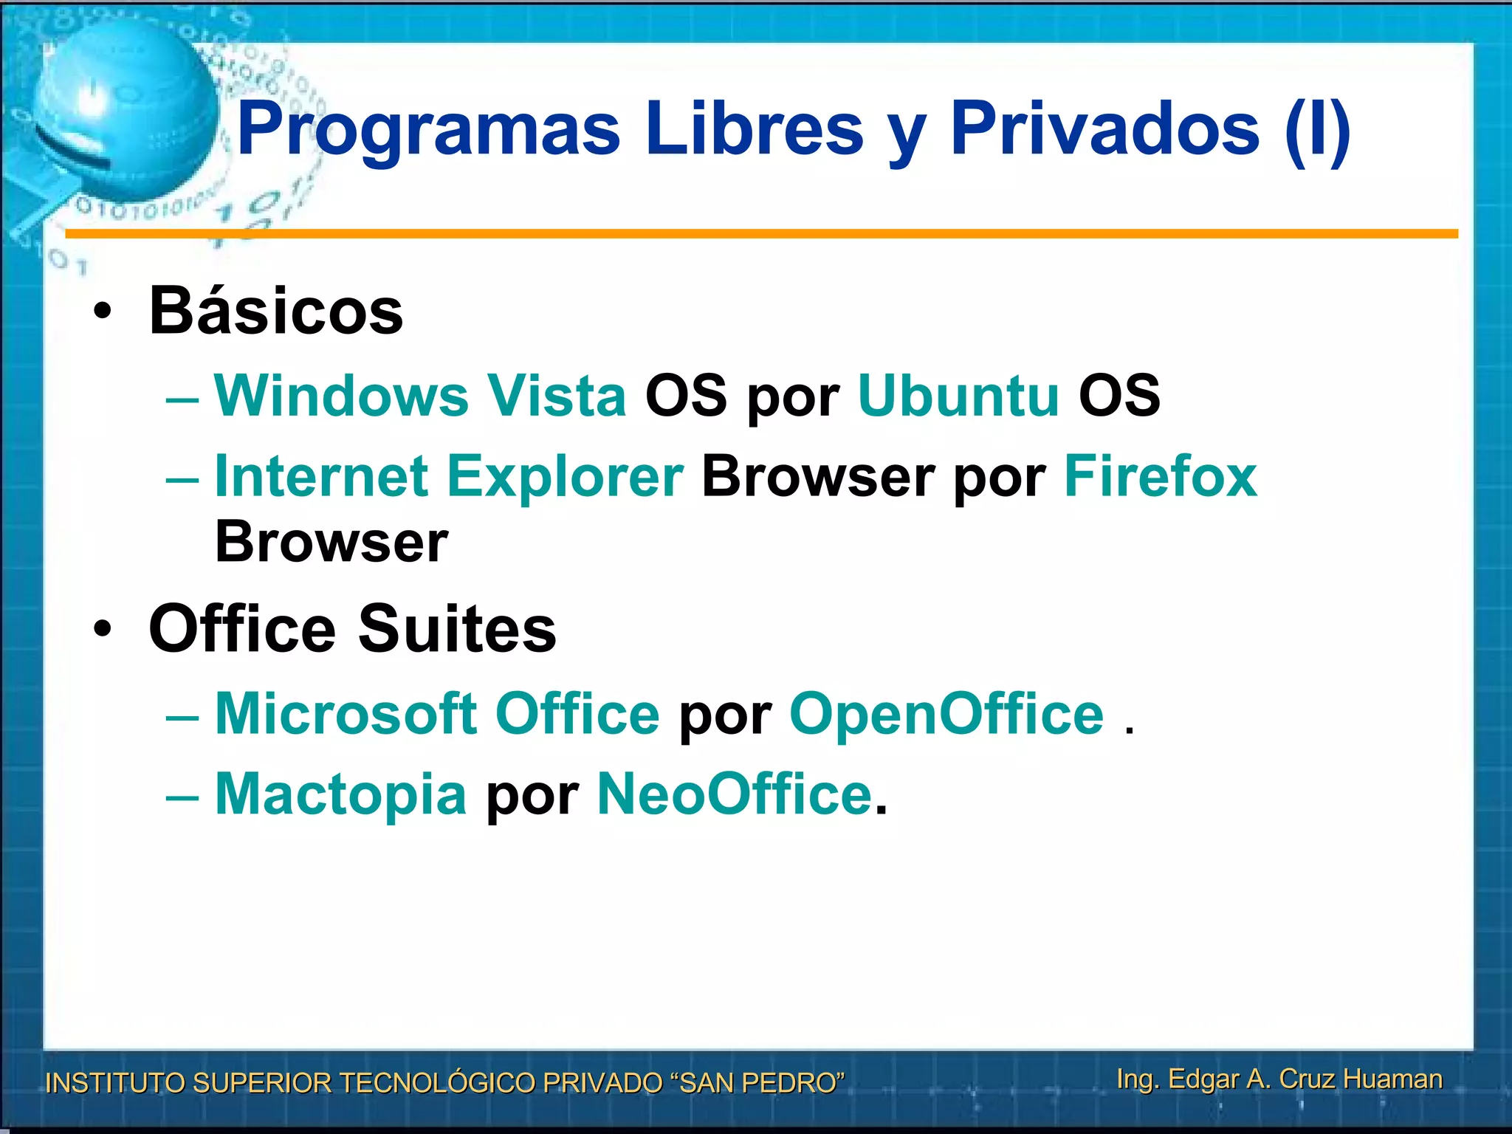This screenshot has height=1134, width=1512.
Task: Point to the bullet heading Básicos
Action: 276,311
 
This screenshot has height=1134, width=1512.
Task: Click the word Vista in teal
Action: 556,396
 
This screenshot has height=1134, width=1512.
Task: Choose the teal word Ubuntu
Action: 958,396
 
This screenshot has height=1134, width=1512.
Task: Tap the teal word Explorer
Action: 566,476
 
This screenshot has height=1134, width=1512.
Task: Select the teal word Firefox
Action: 1161,476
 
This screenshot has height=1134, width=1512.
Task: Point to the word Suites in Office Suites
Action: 457,629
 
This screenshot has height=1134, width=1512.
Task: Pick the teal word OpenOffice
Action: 946,714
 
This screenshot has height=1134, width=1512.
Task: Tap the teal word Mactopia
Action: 340,794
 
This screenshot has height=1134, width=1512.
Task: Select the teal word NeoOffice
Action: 735,794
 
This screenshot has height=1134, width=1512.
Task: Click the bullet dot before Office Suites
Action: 103,629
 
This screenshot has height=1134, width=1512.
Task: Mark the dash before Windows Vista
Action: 182,399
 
